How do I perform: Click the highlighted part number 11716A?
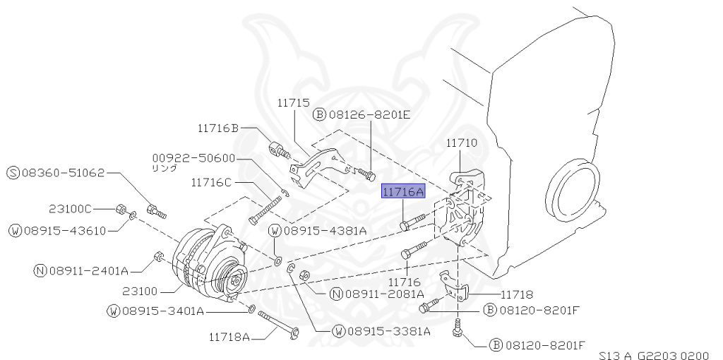pos(403,191)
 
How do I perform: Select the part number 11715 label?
pos(293,103)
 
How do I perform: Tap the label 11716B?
pos(218,128)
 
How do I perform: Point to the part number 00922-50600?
pos(193,158)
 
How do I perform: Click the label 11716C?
pos(210,182)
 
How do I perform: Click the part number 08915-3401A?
pos(162,311)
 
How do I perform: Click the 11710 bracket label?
pos(462,143)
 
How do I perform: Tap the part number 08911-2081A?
pos(383,293)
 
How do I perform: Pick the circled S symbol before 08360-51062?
pos(13,172)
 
